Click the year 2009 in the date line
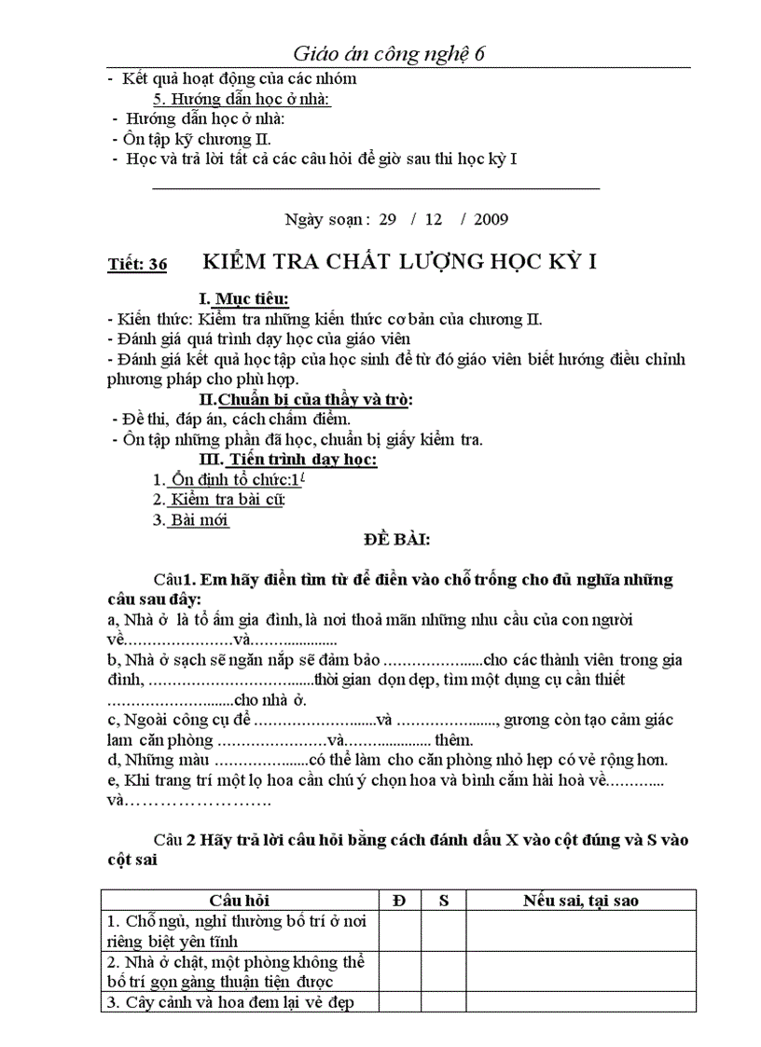pyautogui.click(x=491, y=220)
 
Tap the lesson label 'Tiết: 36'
pyautogui.click(x=137, y=266)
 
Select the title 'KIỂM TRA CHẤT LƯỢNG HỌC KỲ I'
pyautogui.click(x=399, y=262)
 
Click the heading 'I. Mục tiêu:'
pyautogui.click(x=243, y=299)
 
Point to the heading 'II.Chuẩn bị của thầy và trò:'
pyautogui.click(x=307, y=400)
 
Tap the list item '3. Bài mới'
pyautogui.click(x=191, y=520)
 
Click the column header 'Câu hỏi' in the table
pyautogui.click(x=239, y=900)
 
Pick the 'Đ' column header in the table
pyautogui.click(x=399, y=900)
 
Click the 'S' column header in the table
pyautogui.click(x=444, y=900)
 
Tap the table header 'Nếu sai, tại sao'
pyautogui.click(x=580, y=900)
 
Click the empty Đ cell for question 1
pyautogui.click(x=399, y=930)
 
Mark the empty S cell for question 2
pyautogui.click(x=444, y=971)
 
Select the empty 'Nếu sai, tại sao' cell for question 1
pyautogui.click(x=580, y=930)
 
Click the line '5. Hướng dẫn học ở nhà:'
pyautogui.click(x=242, y=99)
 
